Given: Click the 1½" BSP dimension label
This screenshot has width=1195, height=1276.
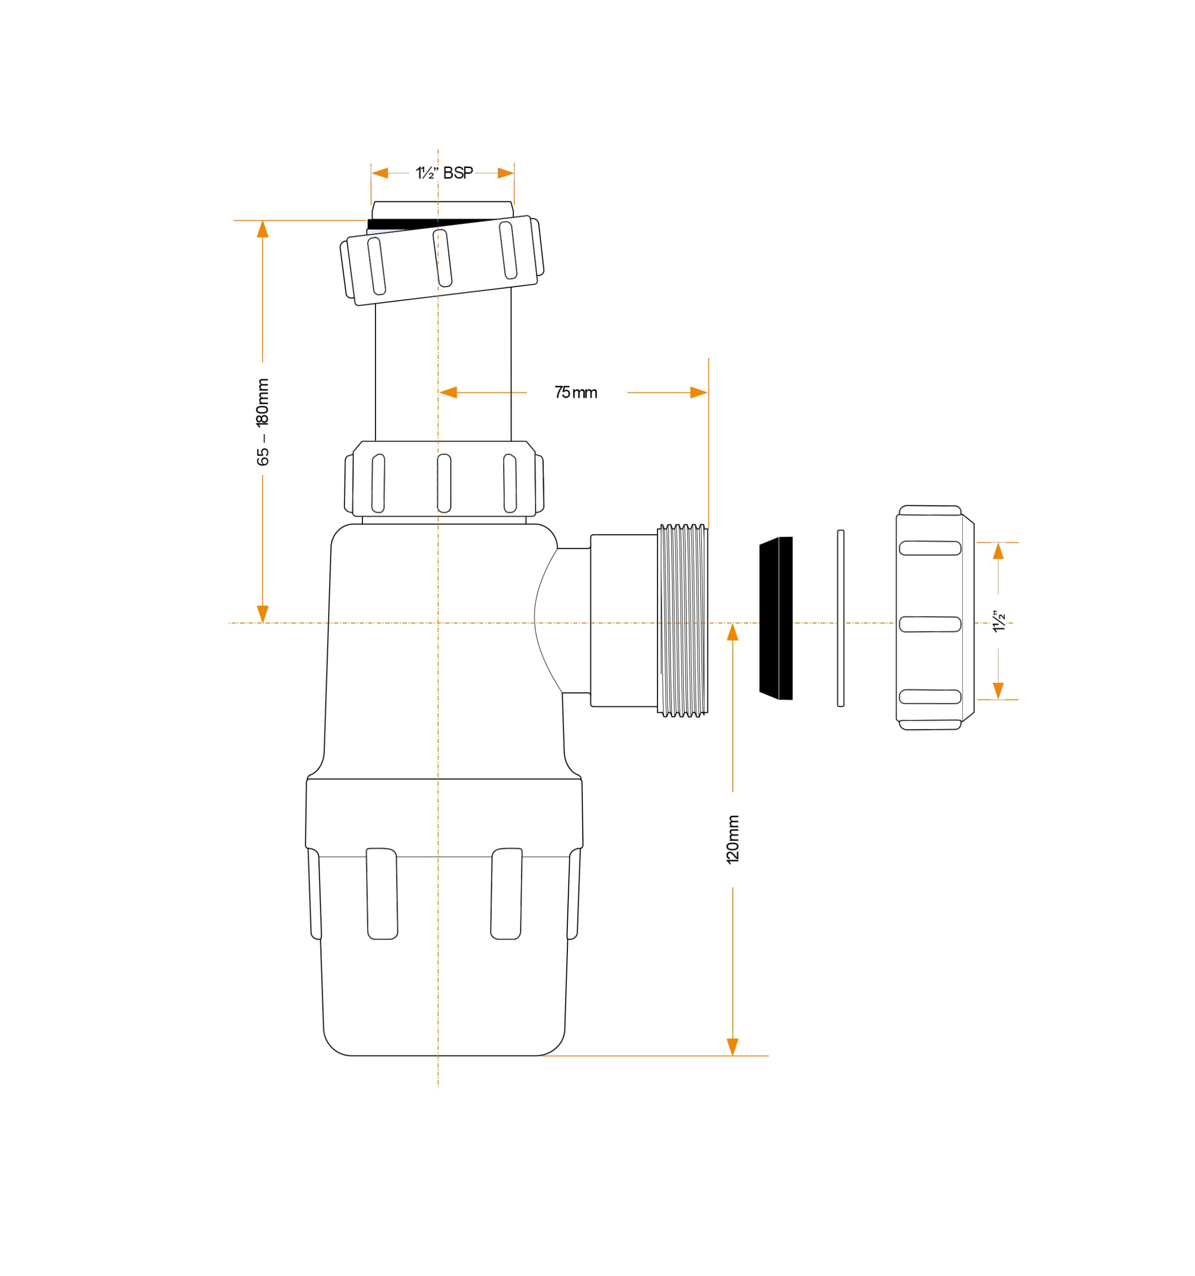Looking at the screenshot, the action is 444,172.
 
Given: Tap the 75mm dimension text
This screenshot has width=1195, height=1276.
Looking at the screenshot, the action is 576,392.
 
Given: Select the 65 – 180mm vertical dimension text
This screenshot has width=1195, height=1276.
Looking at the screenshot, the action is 263,422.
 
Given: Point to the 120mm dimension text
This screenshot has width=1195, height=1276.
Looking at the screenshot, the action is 733,839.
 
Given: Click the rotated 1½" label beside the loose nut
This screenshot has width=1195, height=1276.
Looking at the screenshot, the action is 999,621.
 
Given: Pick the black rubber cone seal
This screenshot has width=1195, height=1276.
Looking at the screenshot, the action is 776,618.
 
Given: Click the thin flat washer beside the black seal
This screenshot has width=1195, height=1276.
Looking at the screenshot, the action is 841,618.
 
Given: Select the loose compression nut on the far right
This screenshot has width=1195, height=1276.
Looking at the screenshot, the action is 935,618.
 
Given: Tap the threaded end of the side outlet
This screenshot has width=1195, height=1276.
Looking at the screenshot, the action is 683,620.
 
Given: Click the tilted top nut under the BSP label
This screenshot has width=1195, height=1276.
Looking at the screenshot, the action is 442,261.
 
